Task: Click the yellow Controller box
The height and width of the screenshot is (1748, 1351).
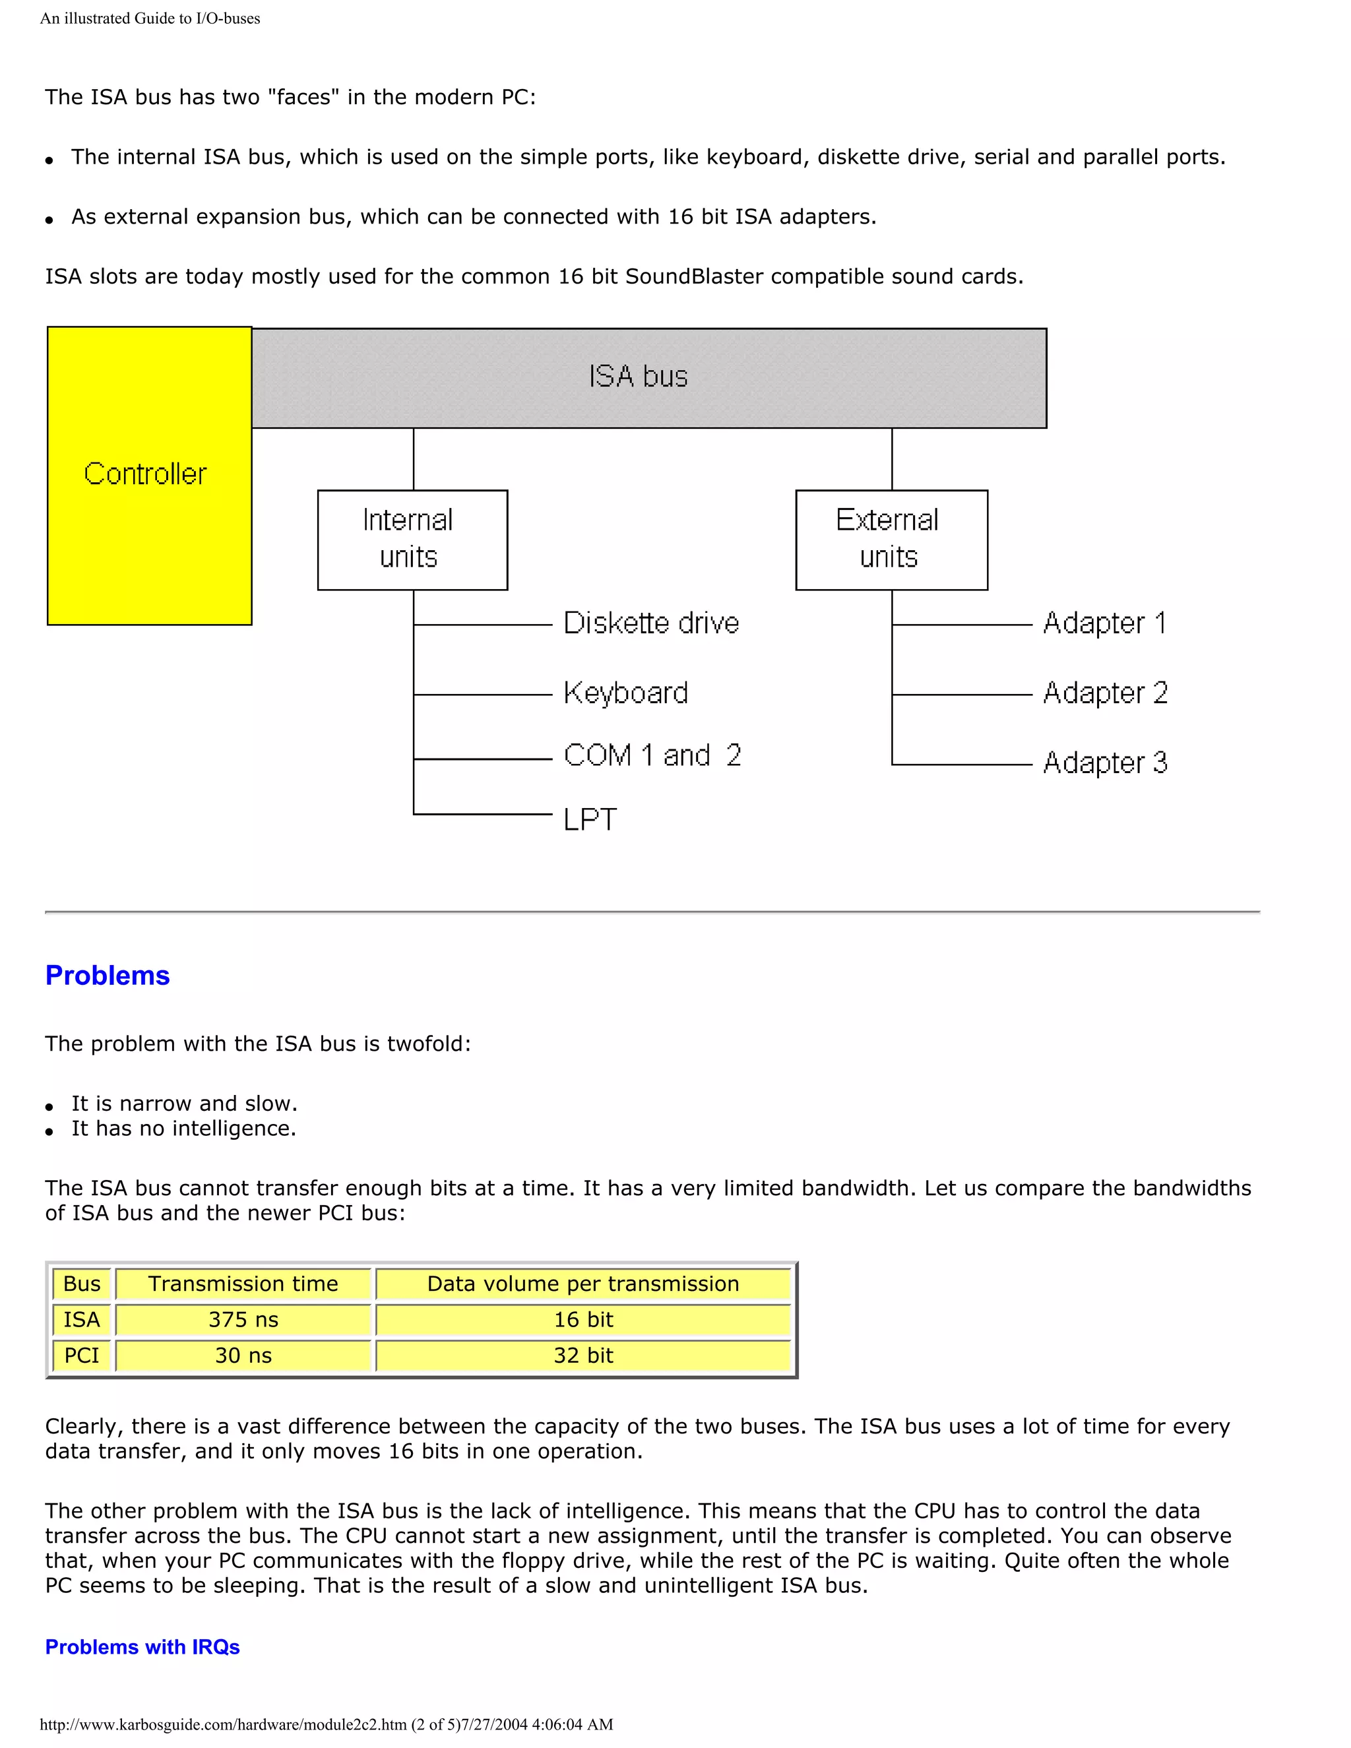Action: point(149,476)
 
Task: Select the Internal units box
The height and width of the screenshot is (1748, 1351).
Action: point(412,540)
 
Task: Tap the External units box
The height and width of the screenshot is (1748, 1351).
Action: point(891,540)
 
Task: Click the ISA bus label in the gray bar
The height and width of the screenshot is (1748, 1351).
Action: point(638,377)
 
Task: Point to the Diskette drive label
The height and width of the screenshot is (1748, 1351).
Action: point(650,623)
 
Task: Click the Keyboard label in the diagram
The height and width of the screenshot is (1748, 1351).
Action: point(626,693)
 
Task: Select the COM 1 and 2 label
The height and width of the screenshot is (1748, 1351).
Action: point(652,755)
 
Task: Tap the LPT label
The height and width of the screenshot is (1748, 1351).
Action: point(590,819)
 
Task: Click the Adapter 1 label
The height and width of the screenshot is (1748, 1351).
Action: point(1104,623)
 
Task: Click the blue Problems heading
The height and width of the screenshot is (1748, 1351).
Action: point(108,976)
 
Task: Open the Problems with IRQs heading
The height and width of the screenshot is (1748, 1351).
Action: point(142,1646)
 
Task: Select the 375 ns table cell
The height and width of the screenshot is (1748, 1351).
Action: point(243,1320)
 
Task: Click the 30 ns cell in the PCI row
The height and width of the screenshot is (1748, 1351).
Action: point(243,1355)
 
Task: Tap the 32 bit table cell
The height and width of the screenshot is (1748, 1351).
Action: point(582,1355)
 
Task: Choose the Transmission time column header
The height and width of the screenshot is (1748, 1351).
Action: point(243,1284)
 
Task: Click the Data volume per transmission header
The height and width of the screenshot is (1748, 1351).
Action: point(582,1284)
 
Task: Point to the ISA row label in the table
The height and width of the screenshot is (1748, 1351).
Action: point(82,1320)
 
